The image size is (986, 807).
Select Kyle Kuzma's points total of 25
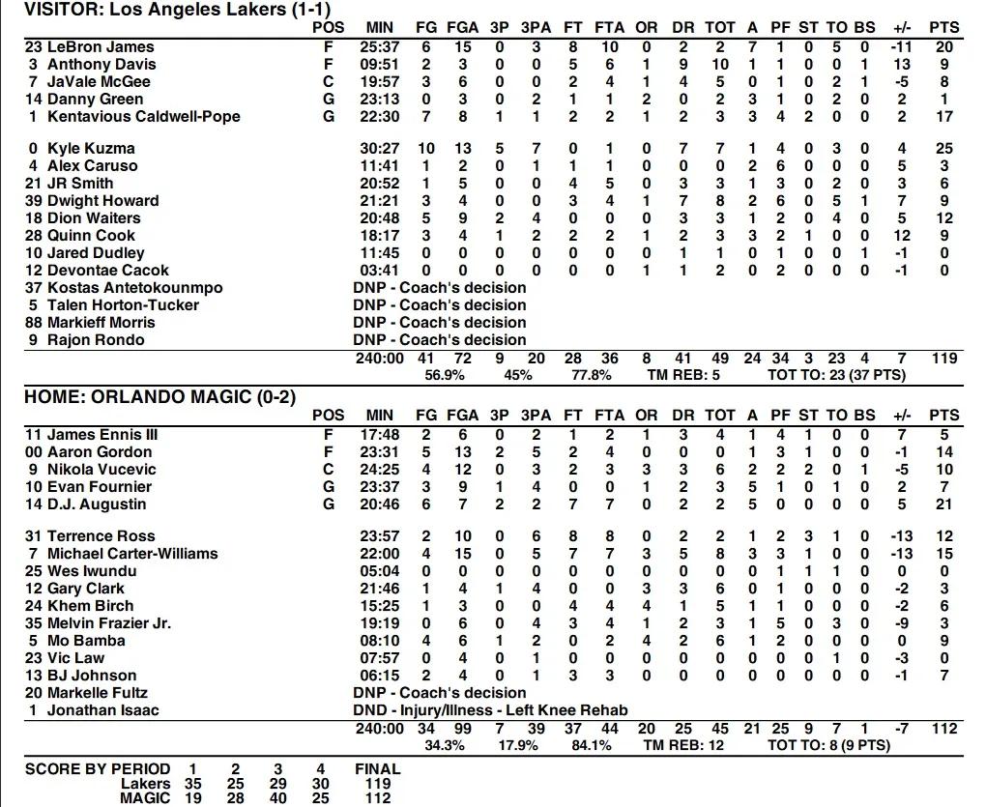[943, 148]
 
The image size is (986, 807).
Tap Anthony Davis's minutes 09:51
[380, 64]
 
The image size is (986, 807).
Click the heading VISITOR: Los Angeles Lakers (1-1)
[160, 10]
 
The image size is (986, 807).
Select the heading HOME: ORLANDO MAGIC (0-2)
[159, 396]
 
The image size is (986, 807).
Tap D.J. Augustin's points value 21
[943, 504]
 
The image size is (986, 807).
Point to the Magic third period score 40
[277, 798]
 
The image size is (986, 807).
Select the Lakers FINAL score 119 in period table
[378, 784]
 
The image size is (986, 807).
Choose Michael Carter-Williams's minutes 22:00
[380, 553]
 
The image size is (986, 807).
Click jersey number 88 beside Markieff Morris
[34, 322]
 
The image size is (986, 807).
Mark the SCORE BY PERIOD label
[98, 768]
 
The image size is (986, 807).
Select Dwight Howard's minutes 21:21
[380, 200]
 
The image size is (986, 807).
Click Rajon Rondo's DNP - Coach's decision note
[440, 339]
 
